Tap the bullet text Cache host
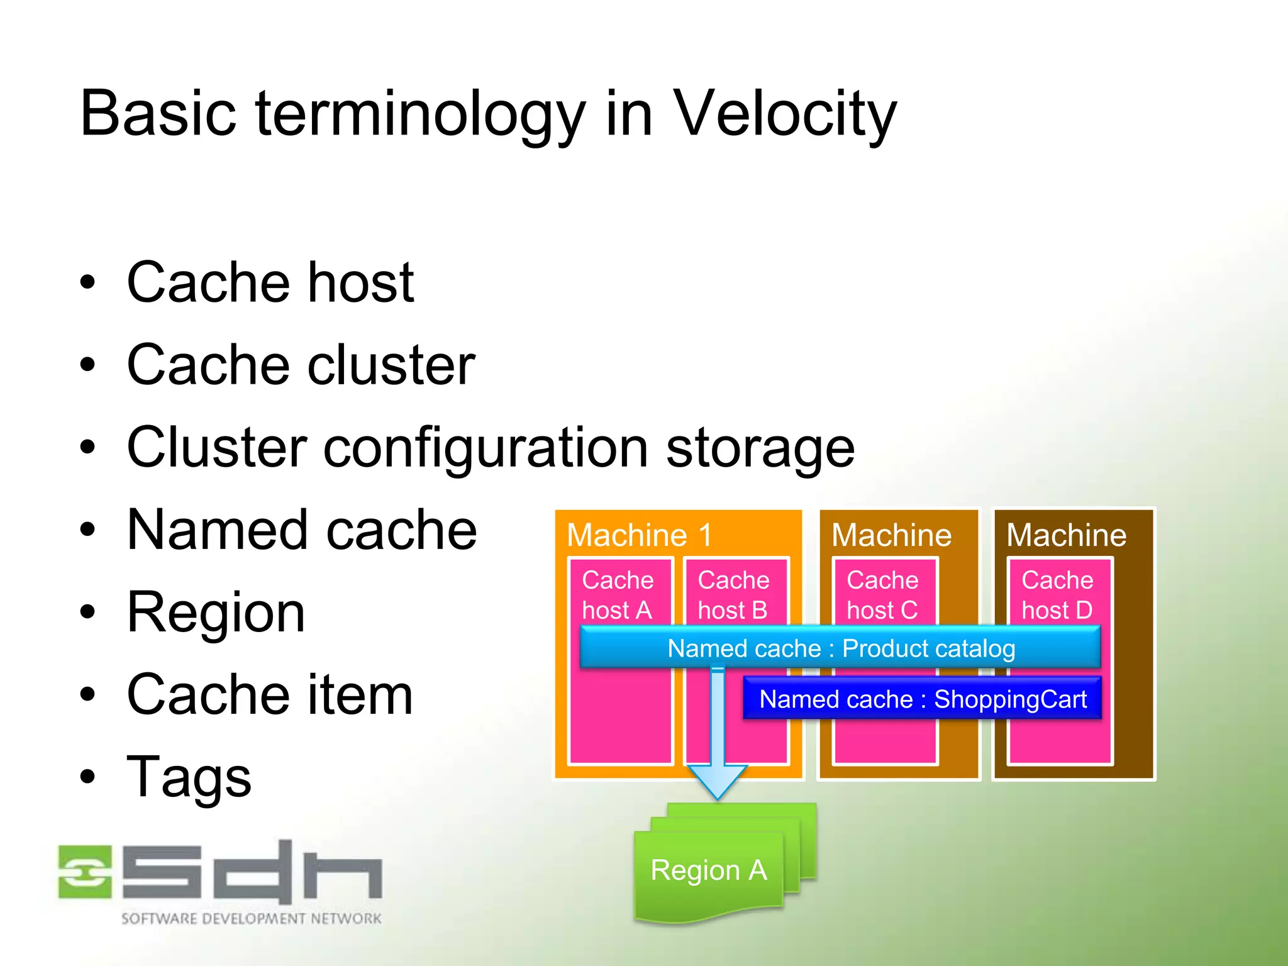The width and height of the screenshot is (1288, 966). click(270, 282)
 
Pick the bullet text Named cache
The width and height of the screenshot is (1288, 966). click(302, 530)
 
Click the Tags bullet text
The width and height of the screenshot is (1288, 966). click(189, 777)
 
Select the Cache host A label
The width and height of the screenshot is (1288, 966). click(618, 594)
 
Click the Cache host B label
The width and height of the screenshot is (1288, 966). click(733, 594)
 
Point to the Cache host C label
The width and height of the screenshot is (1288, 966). click(882, 594)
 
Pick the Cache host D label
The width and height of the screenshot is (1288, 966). click(1057, 594)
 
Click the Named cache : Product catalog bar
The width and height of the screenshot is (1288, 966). click(841, 648)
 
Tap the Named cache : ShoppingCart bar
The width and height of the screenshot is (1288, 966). click(923, 699)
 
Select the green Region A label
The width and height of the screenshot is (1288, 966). click(709, 870)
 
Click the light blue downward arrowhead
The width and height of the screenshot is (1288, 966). click(718, 780)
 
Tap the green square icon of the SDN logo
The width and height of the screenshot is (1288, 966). click(85, 872)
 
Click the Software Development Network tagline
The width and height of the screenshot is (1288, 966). click(251, 918)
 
